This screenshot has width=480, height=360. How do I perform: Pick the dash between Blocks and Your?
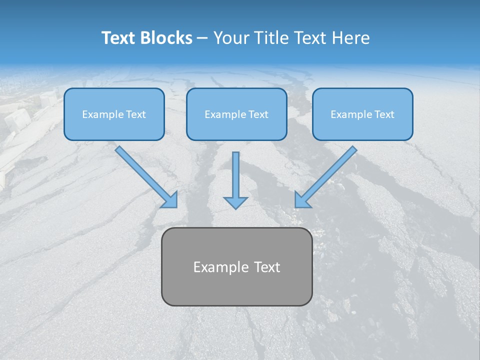(x=202, y=38)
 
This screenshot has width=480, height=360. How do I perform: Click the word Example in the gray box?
(x=221, y=267)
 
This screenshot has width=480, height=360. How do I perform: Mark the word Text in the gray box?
(x=267, y=267)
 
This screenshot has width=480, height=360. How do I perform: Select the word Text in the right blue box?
(x=384, y=114)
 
